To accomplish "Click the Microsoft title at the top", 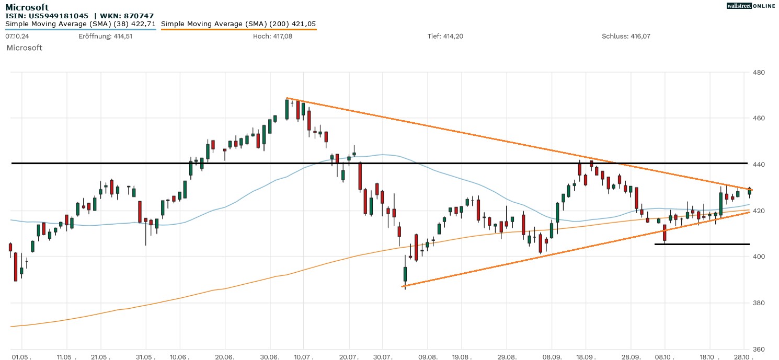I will point(27,7).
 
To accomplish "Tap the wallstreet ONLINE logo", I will point(751,6).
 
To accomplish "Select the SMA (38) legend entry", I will point(81,24).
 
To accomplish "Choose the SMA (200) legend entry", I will point(238,24).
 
